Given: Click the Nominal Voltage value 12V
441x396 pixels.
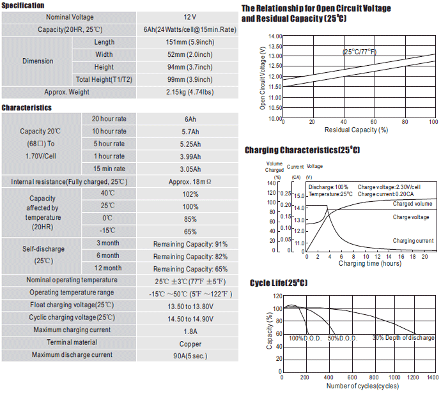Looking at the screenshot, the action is (190, 17).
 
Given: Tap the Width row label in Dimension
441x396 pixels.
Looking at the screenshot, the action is (104, 54).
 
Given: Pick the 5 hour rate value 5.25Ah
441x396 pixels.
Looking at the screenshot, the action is (190, 144).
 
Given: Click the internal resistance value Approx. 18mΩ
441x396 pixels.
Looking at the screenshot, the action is (190, 182).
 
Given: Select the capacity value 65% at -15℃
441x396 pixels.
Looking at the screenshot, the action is (190, 232).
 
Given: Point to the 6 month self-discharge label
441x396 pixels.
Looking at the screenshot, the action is (108, 255).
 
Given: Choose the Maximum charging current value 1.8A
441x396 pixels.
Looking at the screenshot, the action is (190, 331).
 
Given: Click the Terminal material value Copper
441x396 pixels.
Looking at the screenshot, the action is (190, 344).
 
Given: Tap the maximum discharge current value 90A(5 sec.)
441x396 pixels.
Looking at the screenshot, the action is (190, 356).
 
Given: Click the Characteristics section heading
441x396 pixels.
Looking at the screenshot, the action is (27, 108).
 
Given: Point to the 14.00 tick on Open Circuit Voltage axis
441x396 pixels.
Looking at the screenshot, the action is (275, 36).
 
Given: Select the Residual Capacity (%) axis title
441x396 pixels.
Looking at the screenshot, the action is (357, 130).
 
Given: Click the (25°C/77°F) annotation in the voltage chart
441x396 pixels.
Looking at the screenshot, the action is (359, 52).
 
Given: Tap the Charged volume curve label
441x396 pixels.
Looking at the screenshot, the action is (412, 204).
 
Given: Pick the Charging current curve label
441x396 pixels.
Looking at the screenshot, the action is (413, 241).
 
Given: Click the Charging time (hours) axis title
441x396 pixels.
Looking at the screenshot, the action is (370, 263).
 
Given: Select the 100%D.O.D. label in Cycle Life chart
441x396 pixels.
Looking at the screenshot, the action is (305, 338).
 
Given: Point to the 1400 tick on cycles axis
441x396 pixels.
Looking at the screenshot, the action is (433, 377).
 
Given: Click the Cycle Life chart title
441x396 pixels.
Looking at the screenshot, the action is (279, 283).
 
